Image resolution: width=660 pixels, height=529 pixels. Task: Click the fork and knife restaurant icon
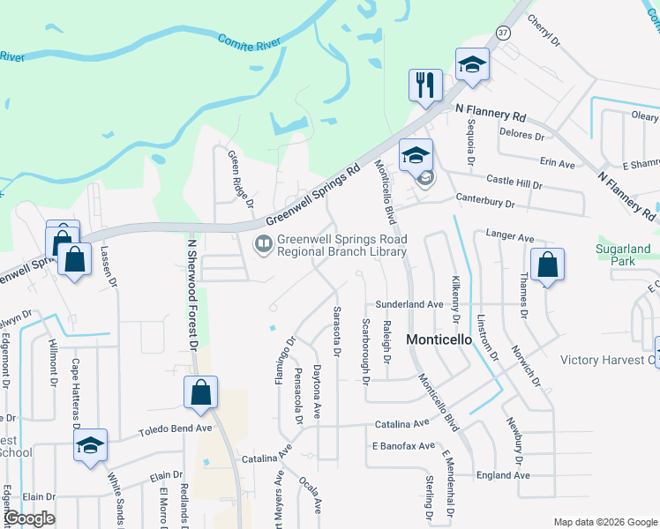click(x=425, y=86)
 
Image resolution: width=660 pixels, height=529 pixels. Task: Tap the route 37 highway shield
click(x=503, y=33)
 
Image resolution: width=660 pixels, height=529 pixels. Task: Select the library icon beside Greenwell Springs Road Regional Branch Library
click(x=263, y=243)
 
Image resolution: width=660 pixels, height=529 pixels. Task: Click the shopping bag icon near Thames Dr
click(x=547, y=264)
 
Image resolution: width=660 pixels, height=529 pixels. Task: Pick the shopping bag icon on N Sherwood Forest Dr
click(x=201, y=392)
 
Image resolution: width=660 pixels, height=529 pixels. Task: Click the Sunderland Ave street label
click(x=409, y=303)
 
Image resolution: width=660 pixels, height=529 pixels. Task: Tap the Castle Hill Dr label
click(x=514, y=184)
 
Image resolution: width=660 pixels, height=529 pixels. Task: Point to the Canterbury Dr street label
click(x=484, y=204)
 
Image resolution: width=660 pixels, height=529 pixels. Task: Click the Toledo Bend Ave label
click(x=176, y=430)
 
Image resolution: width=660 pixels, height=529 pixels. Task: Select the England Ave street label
click(x=502, y=475)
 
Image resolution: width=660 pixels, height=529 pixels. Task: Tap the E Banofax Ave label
click(x=402, y=446)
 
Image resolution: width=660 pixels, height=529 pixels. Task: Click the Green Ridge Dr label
click(x=241, y=179)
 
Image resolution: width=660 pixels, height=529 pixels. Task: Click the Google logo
click(x=28, y=518)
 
